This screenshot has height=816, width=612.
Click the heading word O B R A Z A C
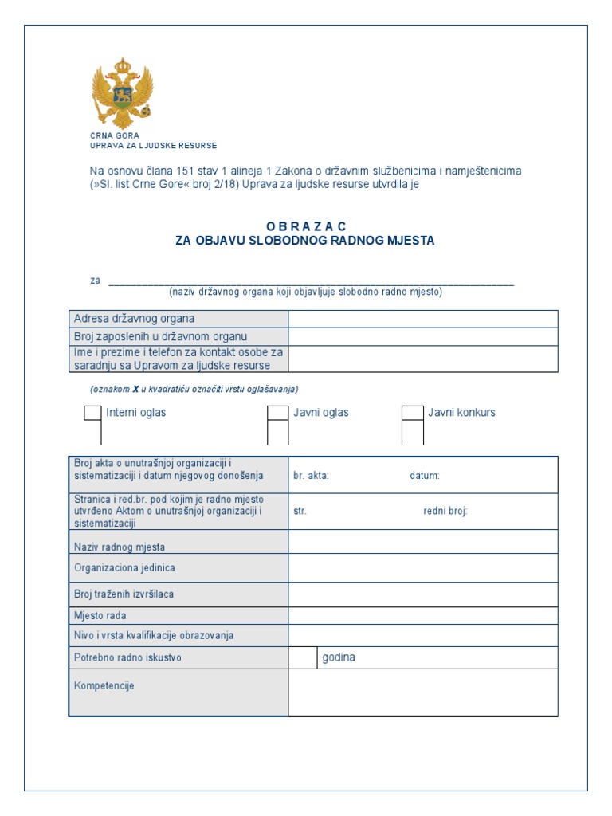tap(305, 226)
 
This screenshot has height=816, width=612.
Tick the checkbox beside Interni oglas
tap(92, 413)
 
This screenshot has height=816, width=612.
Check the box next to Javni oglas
tap(277, 413)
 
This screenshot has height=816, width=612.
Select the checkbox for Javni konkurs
tap(412, 413)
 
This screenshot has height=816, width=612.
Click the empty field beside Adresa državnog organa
tap(422, 319)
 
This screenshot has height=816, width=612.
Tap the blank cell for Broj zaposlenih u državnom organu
tap(422, 336)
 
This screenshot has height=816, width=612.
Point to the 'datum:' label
tap(425, 476)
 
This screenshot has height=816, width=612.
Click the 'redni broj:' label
tap(445, 512)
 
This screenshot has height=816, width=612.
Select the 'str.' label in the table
tap(300, 512)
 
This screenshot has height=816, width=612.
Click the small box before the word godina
tap(303, 657)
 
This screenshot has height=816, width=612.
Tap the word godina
tap(339, 657)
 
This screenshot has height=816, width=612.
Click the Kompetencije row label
tap(104, 685)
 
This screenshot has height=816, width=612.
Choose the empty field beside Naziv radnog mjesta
tap(422, 542)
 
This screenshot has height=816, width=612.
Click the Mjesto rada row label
tap(100, 615)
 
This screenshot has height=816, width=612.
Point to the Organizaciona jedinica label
tap(124, 568)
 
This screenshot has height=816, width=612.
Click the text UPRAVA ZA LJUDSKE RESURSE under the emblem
tap(153, 146)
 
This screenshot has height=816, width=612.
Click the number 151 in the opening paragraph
tap(196, 171)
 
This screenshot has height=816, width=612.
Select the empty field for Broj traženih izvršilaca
tap(422, 594)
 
